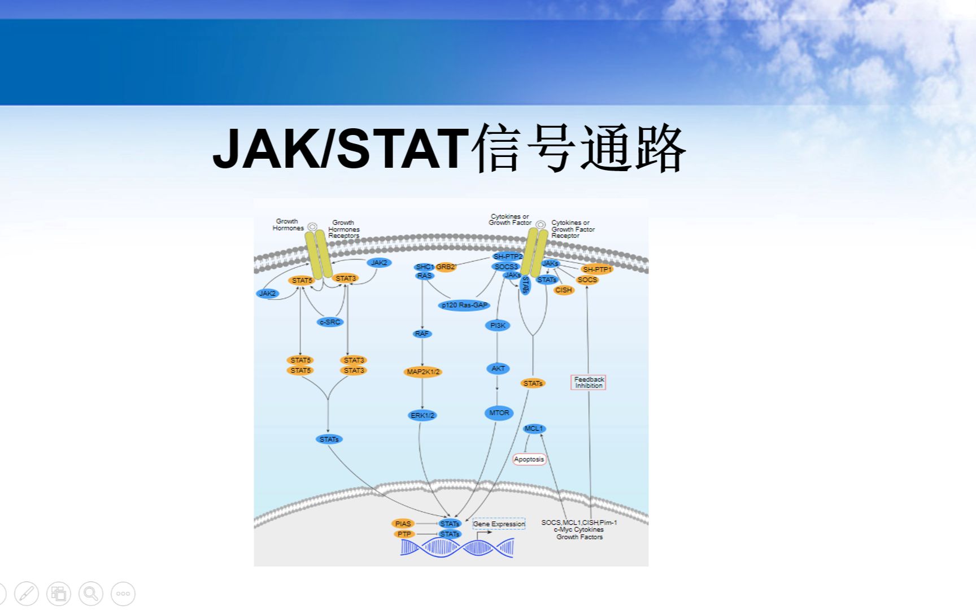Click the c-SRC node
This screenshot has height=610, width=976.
click(330, 322)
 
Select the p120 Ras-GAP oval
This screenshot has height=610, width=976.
click(464, 305)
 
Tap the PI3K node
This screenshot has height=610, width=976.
click(498, 325)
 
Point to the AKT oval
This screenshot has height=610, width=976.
click(498, 368)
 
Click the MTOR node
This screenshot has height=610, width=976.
click(499, 413)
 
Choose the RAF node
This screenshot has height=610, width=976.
click(422, 334)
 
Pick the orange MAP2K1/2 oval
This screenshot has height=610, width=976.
click(423, 372)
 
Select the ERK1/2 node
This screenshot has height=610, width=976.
click(422, 415)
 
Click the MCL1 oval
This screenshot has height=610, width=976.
click(534, 429)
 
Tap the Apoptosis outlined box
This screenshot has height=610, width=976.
click(529, 459)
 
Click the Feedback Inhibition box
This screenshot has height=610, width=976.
click(589, 382)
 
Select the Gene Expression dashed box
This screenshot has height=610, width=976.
click(499, 524)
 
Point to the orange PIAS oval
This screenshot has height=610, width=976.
click(403, 524)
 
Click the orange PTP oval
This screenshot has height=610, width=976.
click(404, 534)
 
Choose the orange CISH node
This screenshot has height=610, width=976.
click(564, 290)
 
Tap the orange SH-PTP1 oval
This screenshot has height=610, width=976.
click(597, 269)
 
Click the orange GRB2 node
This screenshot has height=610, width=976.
click(446, 267)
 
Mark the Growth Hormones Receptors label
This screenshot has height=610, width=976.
click(343, 229)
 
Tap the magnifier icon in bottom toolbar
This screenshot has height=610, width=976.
click(91, 594)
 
